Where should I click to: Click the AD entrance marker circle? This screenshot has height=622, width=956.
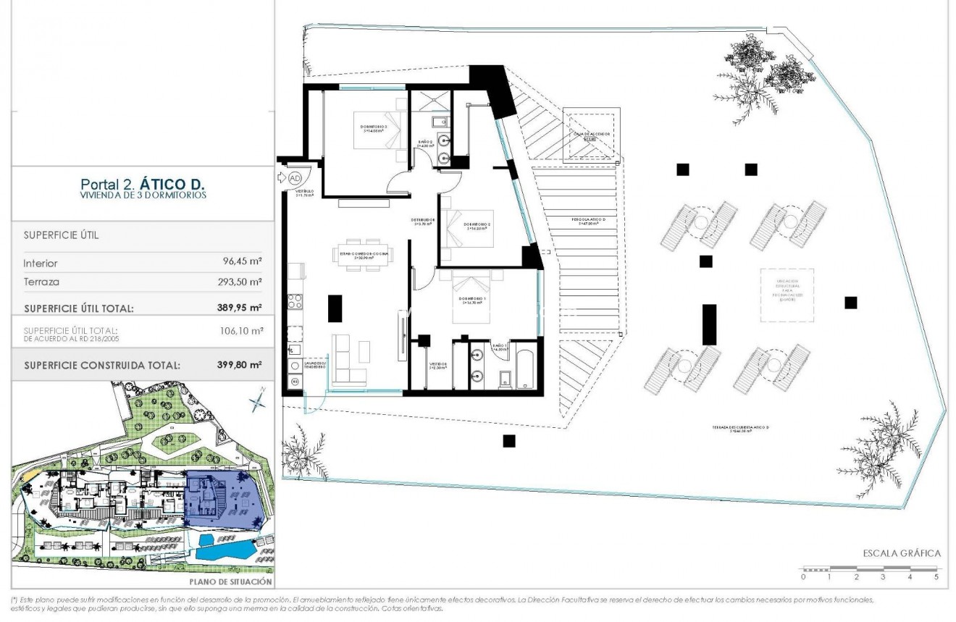pyautogui.click(x=295, y=177)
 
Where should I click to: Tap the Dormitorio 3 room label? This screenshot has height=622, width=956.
pyautogui.click(x=374, y=127)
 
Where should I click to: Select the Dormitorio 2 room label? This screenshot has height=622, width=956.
pyautogui.click(x=477, y=224)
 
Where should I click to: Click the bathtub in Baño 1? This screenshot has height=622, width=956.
pyautogui.click(x=525, y=367)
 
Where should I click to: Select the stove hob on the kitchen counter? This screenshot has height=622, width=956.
pyautogui.click(x=294, y=300)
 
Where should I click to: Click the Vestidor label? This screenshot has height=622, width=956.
pyautogui.click(x=437, y=366)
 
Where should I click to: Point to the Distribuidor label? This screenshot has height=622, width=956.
pyautogui.click(x=423, y=220)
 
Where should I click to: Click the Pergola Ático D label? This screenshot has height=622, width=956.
pyautogui.click(x=587, y=220)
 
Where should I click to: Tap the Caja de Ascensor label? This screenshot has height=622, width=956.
pyautogui.click(x=592, y=135)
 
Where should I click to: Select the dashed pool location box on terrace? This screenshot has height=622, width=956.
pyautogui.click(x=787, y=295)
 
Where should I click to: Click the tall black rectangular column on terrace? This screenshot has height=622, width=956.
pyautogui.click(x=709, y=324)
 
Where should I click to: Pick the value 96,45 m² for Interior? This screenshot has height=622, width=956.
pyautogui.click(x=243, y=264)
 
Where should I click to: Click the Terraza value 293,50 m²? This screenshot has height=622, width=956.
pyautogui.click(x=241, y=282)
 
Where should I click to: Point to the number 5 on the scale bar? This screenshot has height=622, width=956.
pyautogui.click(x=936, y=577)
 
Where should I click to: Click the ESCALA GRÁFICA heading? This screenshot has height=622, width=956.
pyautogui.click(x=901, y=553)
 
